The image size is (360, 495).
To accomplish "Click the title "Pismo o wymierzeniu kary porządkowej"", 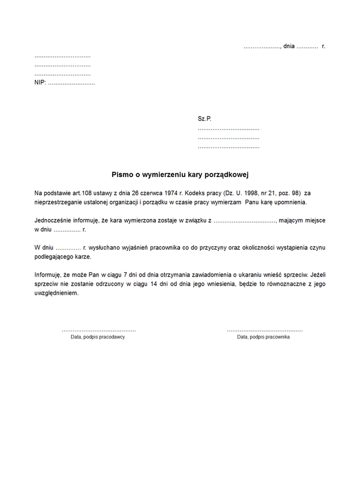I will [x=180, y=175].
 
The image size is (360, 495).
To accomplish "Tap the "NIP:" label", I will [x=40, y=83].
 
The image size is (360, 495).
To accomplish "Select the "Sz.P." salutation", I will [x=205, y=119].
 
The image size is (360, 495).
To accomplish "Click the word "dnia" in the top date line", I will [x=289, y=46].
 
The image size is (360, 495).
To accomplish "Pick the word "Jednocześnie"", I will [x=53, y=221].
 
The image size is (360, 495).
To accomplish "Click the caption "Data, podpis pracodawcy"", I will [x=98, y=337].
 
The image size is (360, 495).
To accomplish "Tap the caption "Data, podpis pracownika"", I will [x=263, y=337].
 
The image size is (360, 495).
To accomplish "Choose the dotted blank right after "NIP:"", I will [x=71, y=83].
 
